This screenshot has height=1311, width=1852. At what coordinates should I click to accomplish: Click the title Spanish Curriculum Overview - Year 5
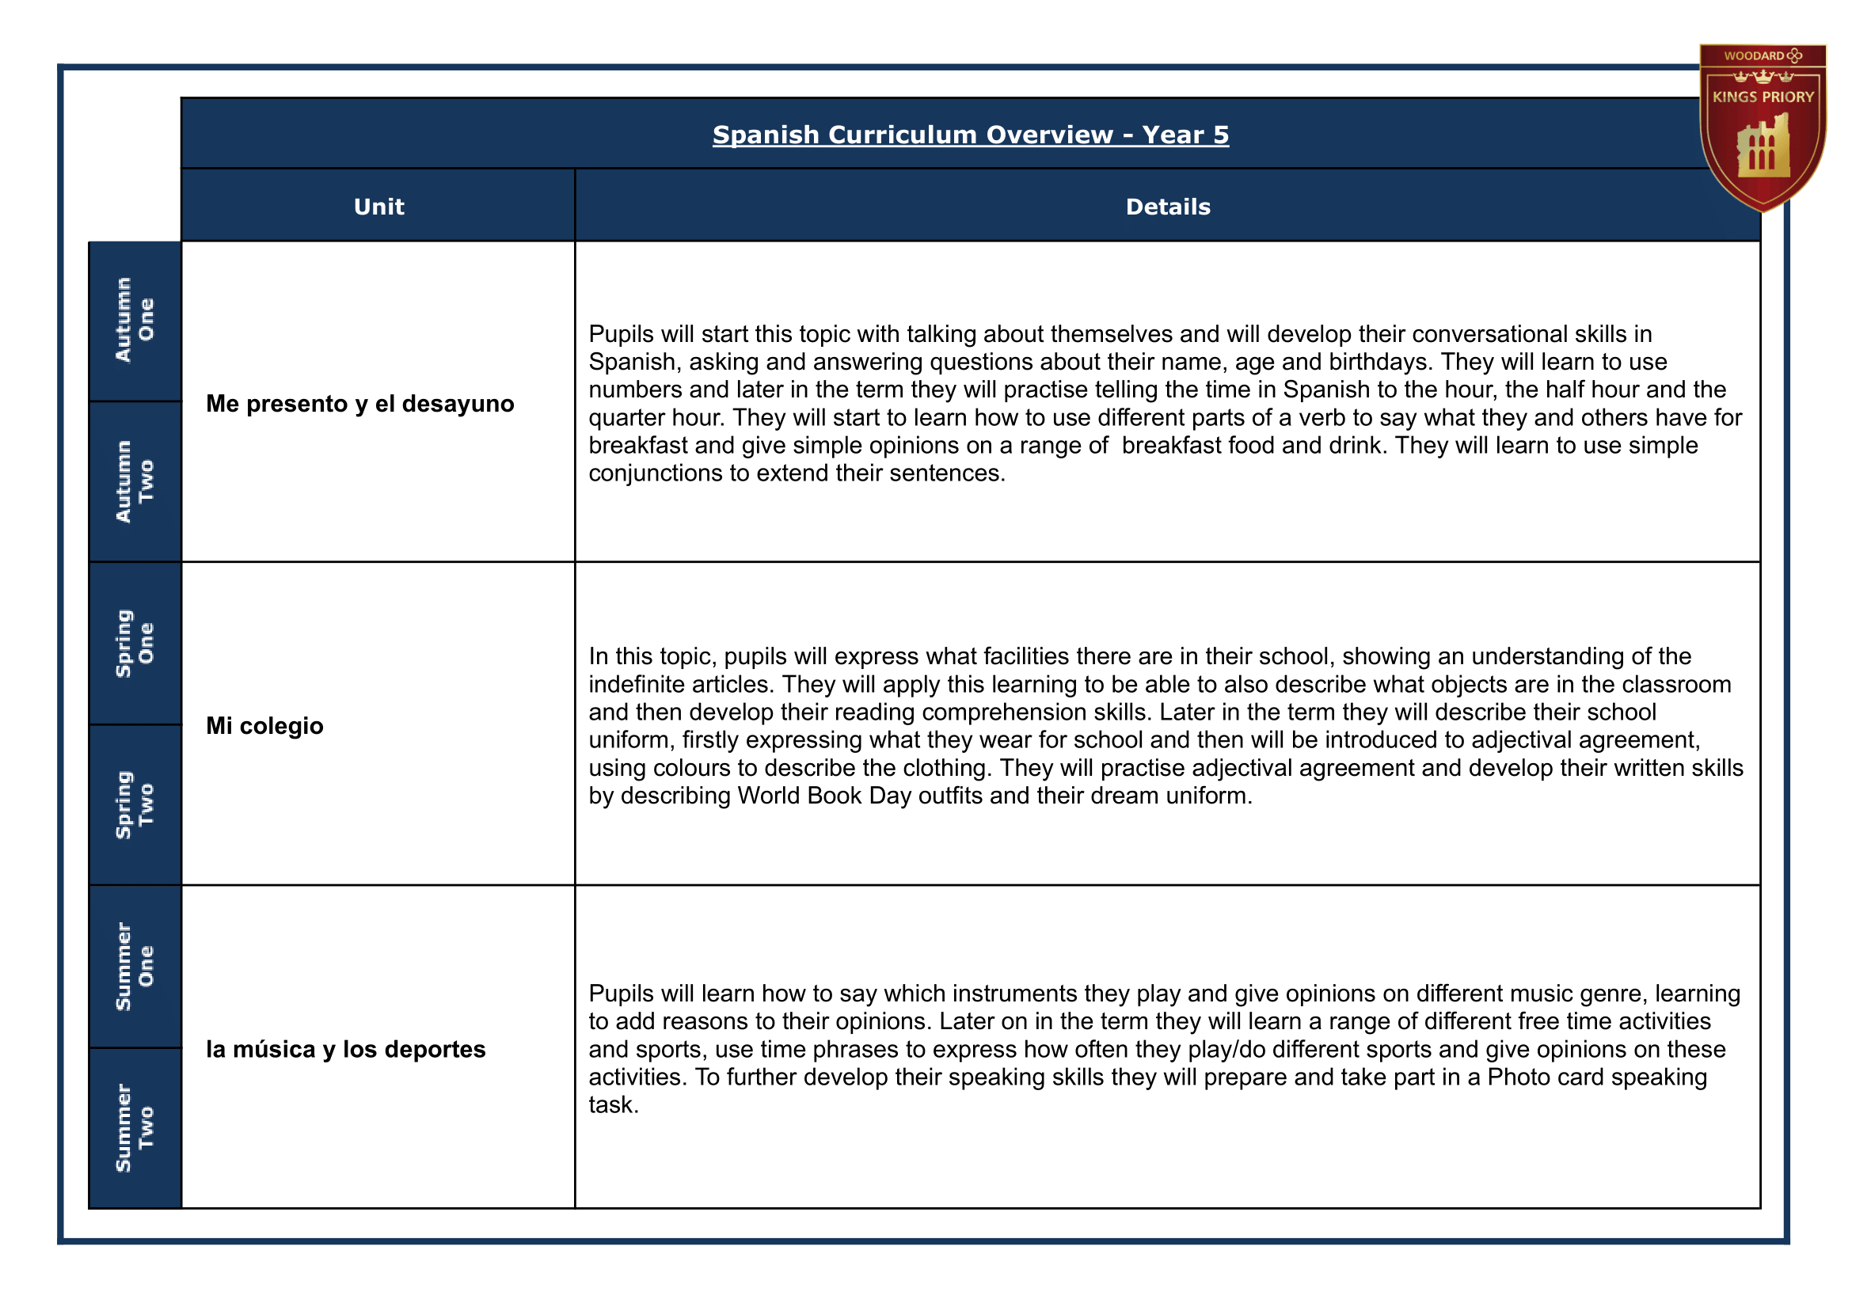coord(970,135)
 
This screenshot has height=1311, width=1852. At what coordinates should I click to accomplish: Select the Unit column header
coord(378,207)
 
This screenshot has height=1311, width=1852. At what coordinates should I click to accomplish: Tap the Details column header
coord(1167,207)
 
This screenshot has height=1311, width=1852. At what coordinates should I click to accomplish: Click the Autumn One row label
coord(135,321)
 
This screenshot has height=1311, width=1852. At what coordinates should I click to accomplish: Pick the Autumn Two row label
coord(135,482)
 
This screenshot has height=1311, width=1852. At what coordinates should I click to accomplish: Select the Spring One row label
coord(135,644)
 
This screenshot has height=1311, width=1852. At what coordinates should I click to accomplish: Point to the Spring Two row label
coord(135,805)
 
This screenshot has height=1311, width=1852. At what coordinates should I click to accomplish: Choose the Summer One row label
coord(135,967)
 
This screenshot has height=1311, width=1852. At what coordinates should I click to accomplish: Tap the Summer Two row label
coord(135,1128)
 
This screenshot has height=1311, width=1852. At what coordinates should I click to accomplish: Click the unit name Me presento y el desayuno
coord(359,404)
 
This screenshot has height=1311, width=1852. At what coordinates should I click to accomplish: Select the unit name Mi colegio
coord(264,726)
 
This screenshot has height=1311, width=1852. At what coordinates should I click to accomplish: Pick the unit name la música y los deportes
coord(345,1049)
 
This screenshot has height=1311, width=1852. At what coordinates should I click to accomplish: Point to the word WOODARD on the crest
coord(1754,55)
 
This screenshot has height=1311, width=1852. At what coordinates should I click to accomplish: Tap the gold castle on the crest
coord(1763,147)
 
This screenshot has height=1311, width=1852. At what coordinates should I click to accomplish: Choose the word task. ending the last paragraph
coord(614,1105)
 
